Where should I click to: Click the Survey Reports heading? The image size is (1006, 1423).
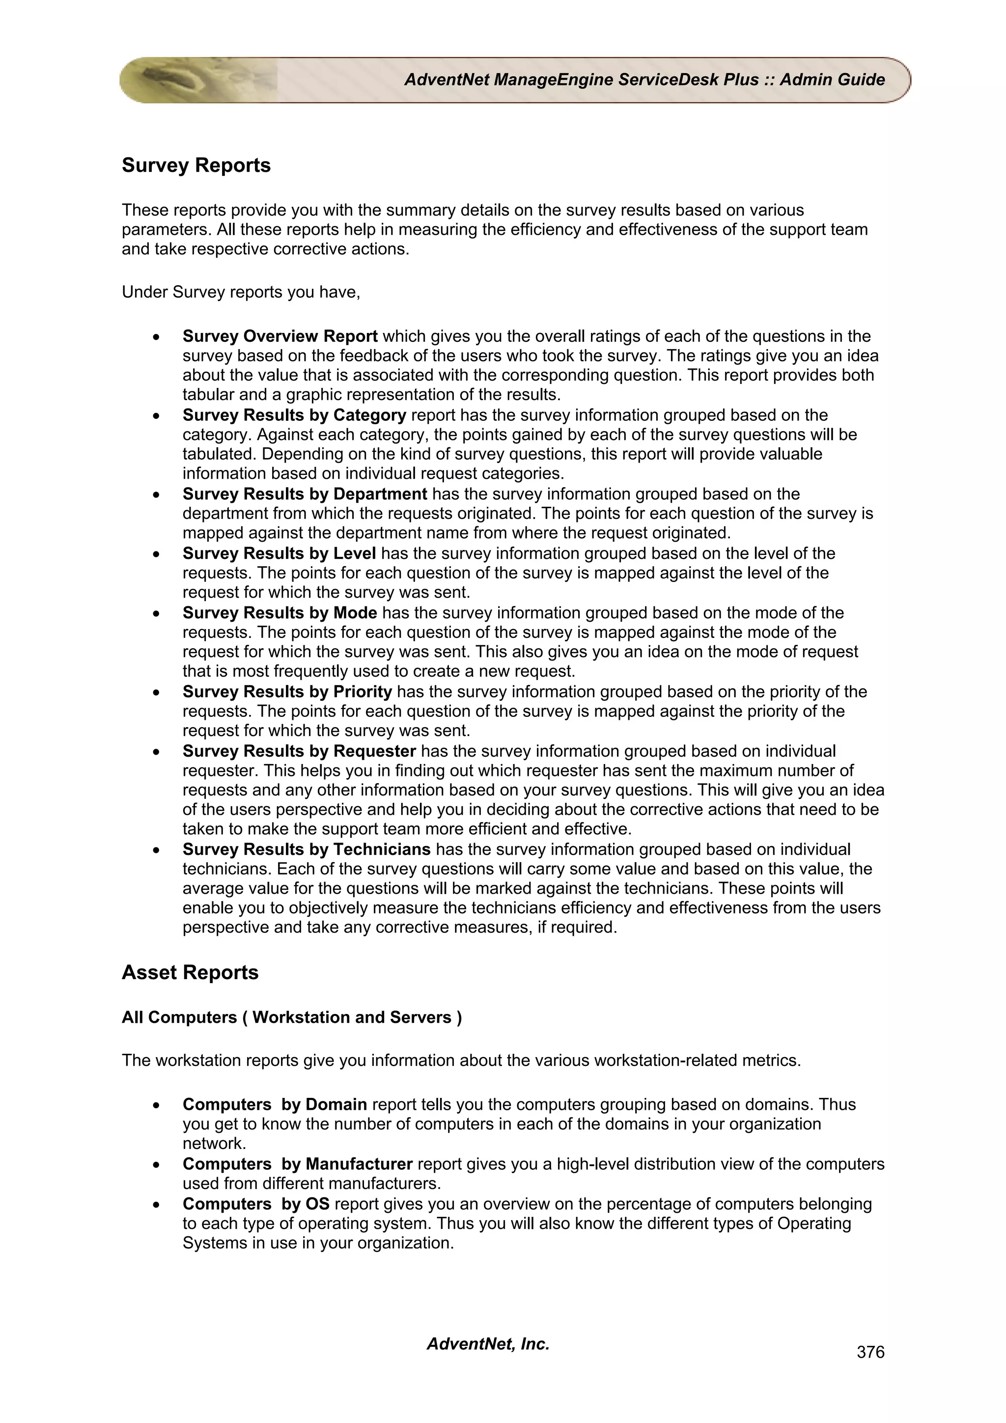196,165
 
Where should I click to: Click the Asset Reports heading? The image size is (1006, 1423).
190,972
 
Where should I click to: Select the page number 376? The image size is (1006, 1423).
869,1352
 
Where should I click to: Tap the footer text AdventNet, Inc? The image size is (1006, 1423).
488,1343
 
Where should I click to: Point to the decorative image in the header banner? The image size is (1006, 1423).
198,80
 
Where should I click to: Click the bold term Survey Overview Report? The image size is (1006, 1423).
279,336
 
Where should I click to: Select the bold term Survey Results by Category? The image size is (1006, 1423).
294,415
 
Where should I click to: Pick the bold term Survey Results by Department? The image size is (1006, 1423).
305,494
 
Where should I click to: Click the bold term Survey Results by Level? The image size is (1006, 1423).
279,553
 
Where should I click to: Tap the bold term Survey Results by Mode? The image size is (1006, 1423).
279,613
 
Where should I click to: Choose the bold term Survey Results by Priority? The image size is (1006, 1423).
287,692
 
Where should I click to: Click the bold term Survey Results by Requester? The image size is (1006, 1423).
299,751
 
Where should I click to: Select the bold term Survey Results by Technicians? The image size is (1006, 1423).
306,849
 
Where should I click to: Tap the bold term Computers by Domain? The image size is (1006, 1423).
275,1104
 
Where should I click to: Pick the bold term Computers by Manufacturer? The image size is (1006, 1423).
298,1164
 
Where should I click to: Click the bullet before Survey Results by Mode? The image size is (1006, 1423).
158,614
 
